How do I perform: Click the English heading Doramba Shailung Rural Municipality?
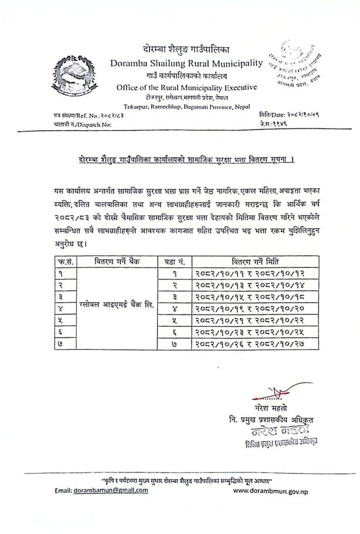(185, 63)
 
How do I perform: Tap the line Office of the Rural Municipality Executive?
(185, 87)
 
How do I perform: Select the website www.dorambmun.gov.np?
(270, 491)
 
